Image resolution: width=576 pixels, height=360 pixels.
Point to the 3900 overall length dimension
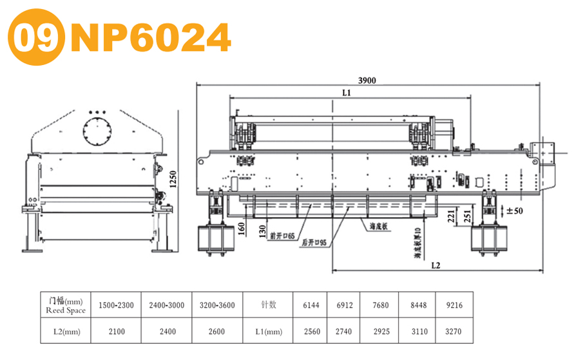point(367,81)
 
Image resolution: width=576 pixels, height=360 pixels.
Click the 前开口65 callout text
point(282,236)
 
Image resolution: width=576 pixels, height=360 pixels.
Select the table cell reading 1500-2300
point(116,305)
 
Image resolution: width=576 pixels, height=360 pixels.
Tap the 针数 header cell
point(269,305)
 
